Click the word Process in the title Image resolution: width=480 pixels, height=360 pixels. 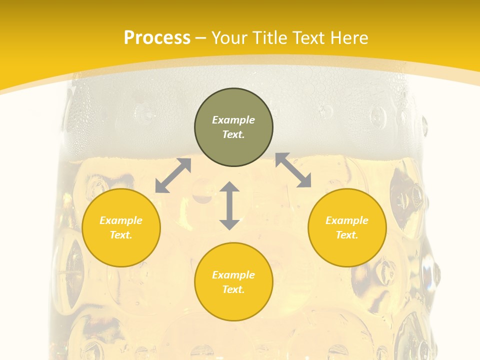point(157,38)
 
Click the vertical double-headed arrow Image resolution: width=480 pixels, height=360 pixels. point(229,205)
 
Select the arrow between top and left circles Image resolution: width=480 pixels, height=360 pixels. point(173,175)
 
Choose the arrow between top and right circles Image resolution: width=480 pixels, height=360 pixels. point(293,170)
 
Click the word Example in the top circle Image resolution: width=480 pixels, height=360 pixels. point(233,120)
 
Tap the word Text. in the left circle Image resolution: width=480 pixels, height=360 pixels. point(121,235)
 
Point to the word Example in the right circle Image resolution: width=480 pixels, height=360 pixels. point(347,220)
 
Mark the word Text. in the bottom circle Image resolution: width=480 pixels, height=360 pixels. point(233,289)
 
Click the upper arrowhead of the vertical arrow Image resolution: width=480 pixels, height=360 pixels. point(229,187)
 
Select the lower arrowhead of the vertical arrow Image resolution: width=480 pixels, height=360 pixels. point(229,224)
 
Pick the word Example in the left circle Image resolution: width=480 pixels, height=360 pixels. point(121,220)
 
